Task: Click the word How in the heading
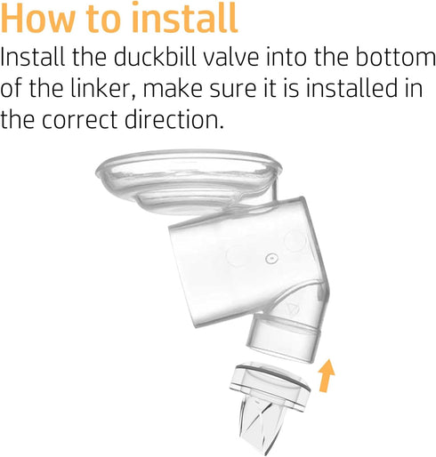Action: (38, 18)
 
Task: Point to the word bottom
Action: (396, 57)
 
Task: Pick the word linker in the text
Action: (103, 88)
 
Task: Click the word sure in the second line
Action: (233, 91)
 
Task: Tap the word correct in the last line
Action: (80, 121)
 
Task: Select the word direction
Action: (174, 119)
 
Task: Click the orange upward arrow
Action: (327, 375)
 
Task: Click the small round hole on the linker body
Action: (271, 258)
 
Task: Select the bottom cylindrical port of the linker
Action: (283, 338)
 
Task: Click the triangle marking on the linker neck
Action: (293, 309)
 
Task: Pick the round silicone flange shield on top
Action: (189, 180)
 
